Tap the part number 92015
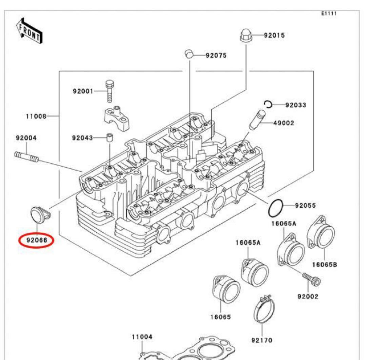point(274,35)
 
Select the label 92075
point(216,55)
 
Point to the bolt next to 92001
point(109,91)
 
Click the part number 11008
point(36,117)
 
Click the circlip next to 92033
point(269,104)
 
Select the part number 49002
point(284,123)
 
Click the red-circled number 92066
point(36,240)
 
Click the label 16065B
point(324,265)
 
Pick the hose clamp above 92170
point(264,310)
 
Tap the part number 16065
point(220,317)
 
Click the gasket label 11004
point(142,337)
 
